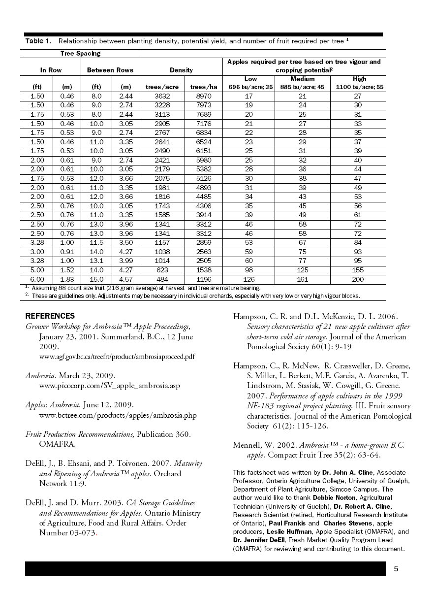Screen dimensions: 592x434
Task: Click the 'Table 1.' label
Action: coord(38,41)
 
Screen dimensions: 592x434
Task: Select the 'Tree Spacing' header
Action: coord(80,53)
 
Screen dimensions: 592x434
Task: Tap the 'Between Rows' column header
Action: coord(110,70)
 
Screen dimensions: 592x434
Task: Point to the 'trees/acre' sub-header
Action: coord(162,87)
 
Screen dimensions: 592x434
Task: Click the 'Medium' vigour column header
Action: coord(302,79)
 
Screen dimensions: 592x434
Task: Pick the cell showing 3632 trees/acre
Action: coord(162,97)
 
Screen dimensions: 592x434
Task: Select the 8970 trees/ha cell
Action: coord(203,97)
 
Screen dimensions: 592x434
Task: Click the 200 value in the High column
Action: coord(358,279)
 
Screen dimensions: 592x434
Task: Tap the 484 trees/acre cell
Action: coord(162,279)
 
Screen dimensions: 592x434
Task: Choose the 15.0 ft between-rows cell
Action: coord(96,279)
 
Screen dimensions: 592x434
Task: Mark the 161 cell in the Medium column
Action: coord(302,279)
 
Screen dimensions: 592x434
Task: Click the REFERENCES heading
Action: coord(50,316)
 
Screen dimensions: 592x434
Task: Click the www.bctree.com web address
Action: coord(118,415)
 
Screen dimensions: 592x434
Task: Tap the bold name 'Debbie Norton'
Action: coord(333,498)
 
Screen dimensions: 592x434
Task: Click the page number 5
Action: coord(396,569)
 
